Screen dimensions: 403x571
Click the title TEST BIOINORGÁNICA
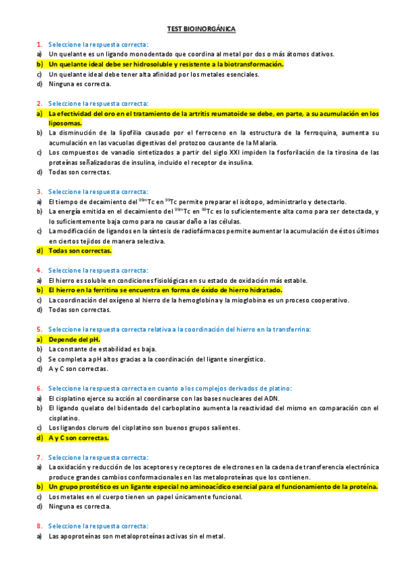point(201,29)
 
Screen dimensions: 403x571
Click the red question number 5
point(39,329)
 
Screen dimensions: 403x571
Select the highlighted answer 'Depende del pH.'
point(74,339)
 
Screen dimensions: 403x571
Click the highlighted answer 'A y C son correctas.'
point(79,438)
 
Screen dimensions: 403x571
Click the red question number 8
point(39,526)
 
